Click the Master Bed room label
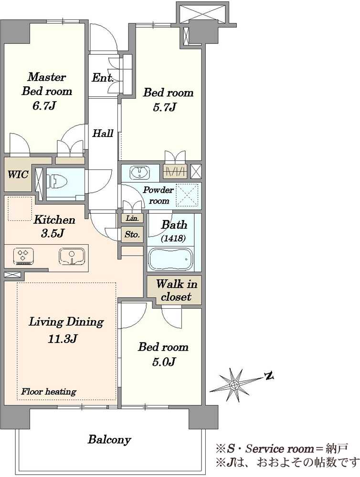click(47, 84)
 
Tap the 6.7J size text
click(44, 106)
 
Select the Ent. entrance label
click(103, 78)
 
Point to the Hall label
click(103, 133)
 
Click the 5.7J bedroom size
click(164, 107)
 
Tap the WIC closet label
click(18, 175)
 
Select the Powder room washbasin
click(139, 173)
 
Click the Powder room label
click(159, 195)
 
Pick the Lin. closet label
click(132, 218)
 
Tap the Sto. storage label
click(132, 235)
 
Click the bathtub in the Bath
click(170, 259)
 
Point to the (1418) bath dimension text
click(173, 238)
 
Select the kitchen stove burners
click(23, 256)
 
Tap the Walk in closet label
click(176, 290)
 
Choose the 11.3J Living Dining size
click(62, 338)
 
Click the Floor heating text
click(48, 391)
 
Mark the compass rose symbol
click(234, 384)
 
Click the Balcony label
click(109, 439)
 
